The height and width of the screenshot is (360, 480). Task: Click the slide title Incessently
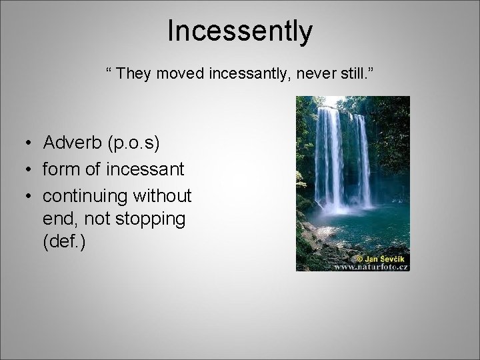pyautogui.click(x=239, y=31)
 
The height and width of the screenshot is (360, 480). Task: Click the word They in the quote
pyautogui.click(x=135, y=73)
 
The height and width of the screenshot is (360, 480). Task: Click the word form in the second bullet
pyautogui.click(x=60, y=169)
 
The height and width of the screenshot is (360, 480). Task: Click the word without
pyautogui.click(x=163, y=197)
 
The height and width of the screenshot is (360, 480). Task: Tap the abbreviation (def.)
pyautogui.click(x=63, y=241)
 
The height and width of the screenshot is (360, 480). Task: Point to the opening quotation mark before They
pyautogui.click(x=109, y=70)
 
